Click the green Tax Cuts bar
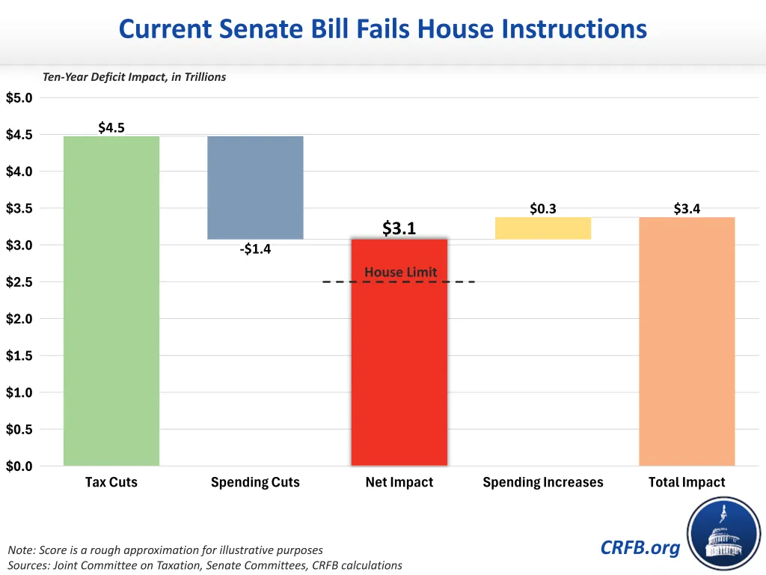tap(111, 301)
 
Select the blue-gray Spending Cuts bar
tap(255, 188)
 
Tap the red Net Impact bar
tap(399, 352)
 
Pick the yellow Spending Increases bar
tap(543, 228)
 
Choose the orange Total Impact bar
tap(687, 341)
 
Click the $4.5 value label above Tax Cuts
tap(111, 127)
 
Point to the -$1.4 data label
tap(255, 249)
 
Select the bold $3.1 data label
tap(399, 228)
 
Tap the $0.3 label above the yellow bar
tap(543, 209)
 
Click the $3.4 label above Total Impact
tap(687, 209)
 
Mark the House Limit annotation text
tap(401, 272)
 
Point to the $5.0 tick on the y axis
tap(19, 98)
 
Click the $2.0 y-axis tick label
tap(19, 319)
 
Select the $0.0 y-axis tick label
tap(19, 466)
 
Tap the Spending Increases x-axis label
tap(543, 482)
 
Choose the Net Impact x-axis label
tap(399, 482)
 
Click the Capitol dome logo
tap(724, 534)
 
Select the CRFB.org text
tap(640, 547)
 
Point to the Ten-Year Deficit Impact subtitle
tap(135, 77)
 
